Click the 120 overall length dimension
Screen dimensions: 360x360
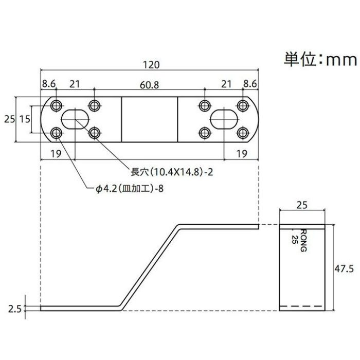[149, 65]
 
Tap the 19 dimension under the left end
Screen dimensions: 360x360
[57, 153]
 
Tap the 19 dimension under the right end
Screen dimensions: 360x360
[240, 153]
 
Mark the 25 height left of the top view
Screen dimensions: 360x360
[9, 119]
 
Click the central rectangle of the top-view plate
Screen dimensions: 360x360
[149, 119]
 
